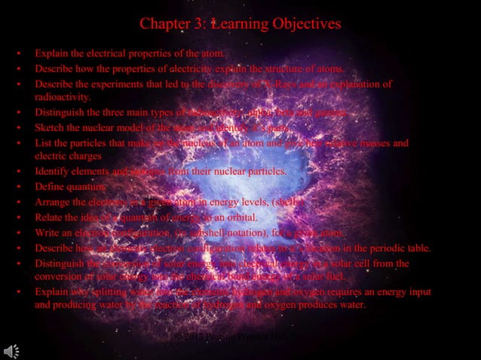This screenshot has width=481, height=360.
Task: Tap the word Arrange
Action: point(53,202)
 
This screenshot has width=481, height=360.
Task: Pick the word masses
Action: point(394,142)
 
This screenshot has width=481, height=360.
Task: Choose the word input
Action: point(399,291)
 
